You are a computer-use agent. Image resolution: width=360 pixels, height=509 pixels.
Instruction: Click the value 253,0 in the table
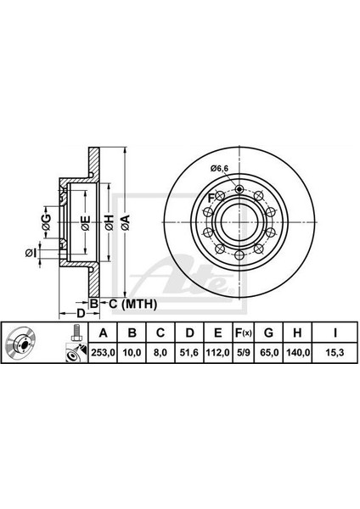[x=103, y=352]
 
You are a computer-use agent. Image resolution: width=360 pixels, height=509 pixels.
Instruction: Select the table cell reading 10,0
[x=132, y=352]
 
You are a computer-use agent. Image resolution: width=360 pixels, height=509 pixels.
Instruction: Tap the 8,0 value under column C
[x=160, y=352]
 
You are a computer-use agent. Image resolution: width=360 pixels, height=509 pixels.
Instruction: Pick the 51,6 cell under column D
[x=189, y=352]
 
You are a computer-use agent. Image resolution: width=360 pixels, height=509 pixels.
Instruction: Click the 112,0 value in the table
[x=218, y=352]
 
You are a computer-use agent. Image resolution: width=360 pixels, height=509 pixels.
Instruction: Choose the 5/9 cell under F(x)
[x=243, y=352]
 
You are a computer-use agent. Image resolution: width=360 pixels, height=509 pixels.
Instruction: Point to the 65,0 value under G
[x=268, y=352]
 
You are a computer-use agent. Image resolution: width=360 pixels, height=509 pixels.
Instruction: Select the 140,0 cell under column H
[x=297, y=352]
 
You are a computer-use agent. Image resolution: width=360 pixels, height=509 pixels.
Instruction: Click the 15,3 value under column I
[x=335, y=352]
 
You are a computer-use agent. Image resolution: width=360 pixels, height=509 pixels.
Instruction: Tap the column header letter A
[x=103, y=333]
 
